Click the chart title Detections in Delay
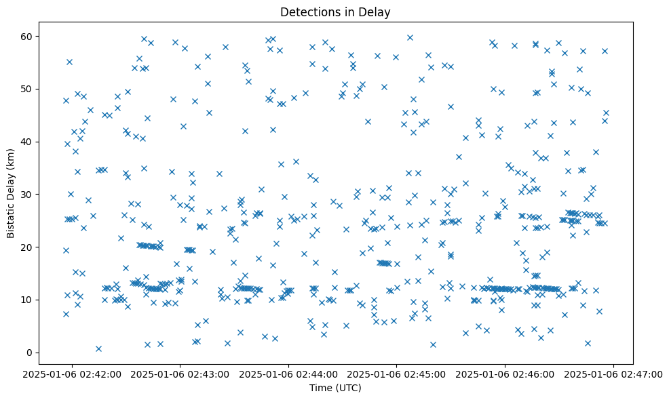click(x=335, y=12)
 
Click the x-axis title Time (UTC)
click(x=335, y=388)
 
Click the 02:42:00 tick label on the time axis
click(x=72, y=374)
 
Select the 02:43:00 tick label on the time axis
click(x=180, y=374)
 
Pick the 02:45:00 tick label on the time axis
click(x=397, y=374)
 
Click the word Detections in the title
click(x=307, y=12)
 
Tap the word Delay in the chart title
click(x=377, y=12)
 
